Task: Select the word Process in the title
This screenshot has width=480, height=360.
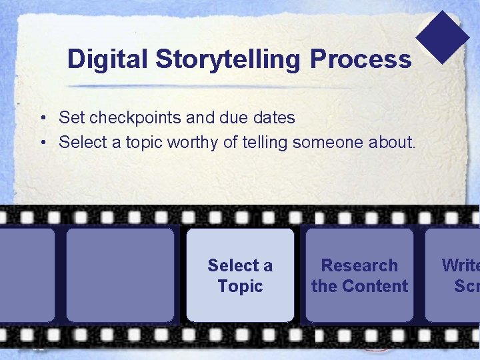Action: pyautogui.click(x=361, y=59)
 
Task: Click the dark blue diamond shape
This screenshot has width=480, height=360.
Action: pyautogui.click(x=443, y=37)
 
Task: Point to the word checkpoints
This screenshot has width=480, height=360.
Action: pyautogui.click(x=135, y=118)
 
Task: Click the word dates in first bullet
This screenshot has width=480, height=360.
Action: pyautogui.click(x=273, y=118)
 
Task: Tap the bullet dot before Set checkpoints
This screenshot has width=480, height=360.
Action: pyautogui.click(x=42, y=119)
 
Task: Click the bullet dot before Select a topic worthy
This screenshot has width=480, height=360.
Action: pyautogui.click(x=42, y=143)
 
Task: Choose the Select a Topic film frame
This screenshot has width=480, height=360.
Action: pyautogui.click(x=240, y=275)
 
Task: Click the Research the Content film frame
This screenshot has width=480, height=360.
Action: pyautogui.click(x=359, y=275)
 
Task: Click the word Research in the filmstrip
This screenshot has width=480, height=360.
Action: pyautogui.click(x=359, y=265)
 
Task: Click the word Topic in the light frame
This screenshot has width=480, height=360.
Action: pyautogui.click(x=240, y=286)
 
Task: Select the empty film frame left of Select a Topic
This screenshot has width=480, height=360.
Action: pyautogui.click(x=120, y=275)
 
